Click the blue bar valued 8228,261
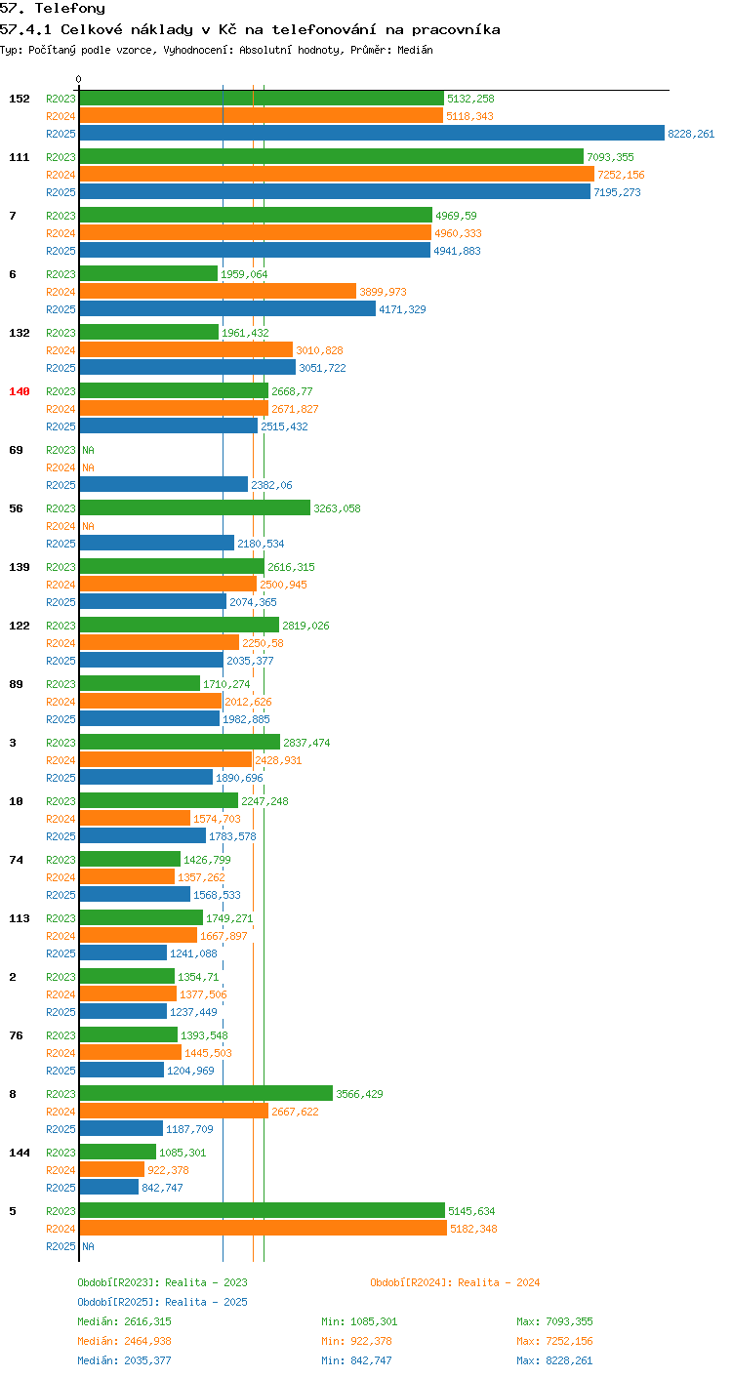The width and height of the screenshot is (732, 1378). (372, 133)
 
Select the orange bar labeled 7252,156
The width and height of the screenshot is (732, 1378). (337, 174)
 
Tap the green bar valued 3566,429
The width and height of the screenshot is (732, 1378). (206, 1093)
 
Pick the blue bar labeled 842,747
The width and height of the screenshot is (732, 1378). (109, 1187)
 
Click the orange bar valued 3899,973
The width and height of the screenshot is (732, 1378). (218, 291)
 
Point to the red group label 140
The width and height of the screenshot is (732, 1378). (20, 391)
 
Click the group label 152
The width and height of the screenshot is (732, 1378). (20, 99)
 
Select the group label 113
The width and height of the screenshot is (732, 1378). (20, 917)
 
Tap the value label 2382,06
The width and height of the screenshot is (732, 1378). (271, 485)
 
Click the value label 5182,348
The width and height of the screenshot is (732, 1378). (473, 1229)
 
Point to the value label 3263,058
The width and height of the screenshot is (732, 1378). (337, 508)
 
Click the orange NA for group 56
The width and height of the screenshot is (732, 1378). (88, 526)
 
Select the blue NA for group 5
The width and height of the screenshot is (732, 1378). (88, 1245)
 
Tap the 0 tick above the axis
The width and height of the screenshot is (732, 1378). (78, 79)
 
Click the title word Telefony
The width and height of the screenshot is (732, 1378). (69, 8)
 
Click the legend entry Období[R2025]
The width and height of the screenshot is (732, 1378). (119, 1302)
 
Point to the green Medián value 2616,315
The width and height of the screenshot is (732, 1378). (147, 1321)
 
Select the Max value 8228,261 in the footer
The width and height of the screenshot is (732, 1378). (569, 1360)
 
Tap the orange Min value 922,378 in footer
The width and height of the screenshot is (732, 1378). (371, 1341)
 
